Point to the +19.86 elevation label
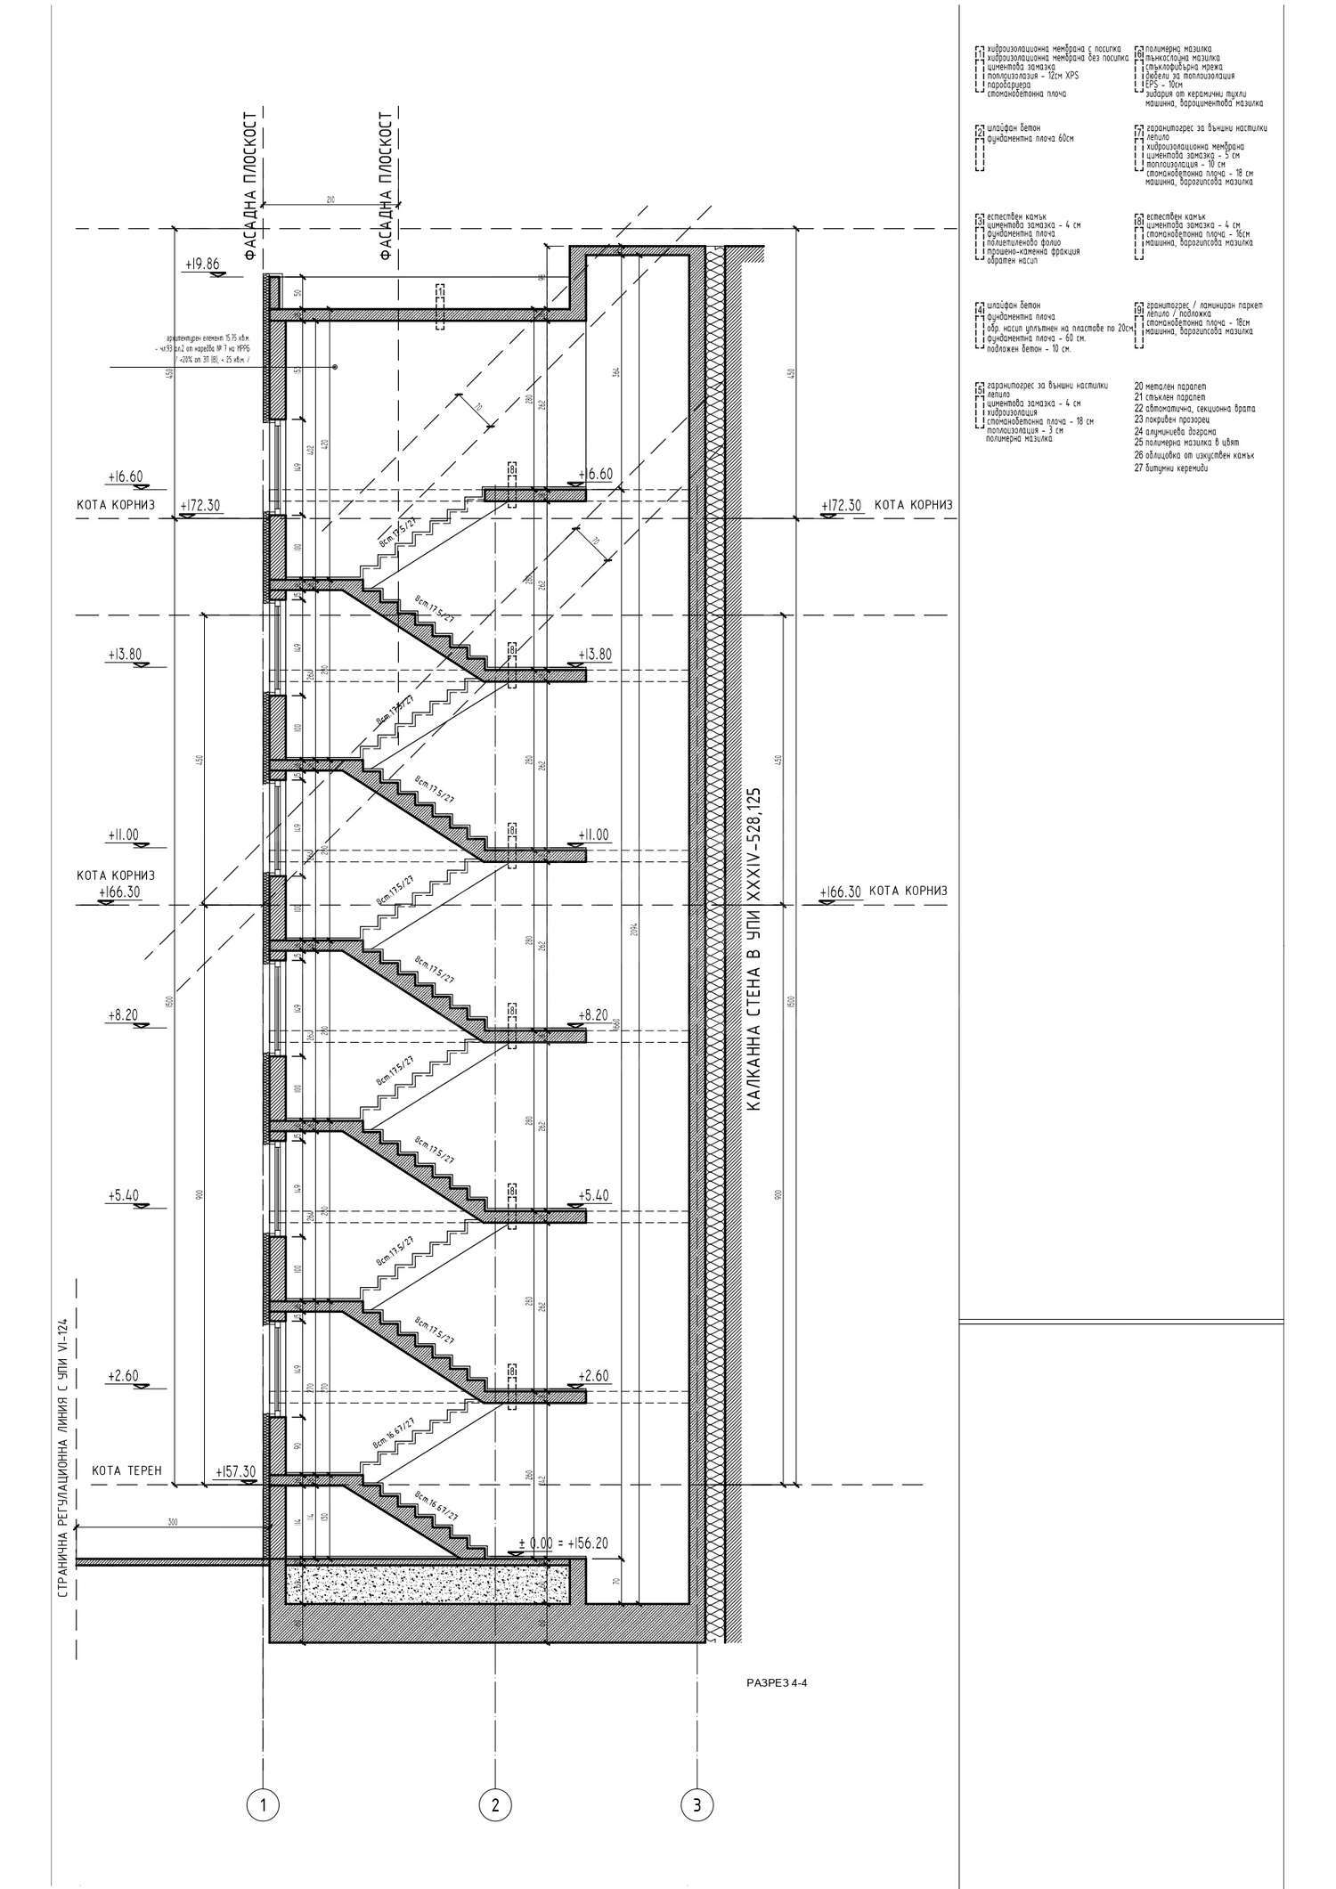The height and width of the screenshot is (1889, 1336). [202, 265]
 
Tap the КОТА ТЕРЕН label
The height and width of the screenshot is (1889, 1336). [127, 1470]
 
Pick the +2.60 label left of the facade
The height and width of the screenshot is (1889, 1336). [124, 1376]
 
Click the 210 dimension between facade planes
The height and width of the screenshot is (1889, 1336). [330, 200]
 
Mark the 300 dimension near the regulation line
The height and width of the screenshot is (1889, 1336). [172, 1522]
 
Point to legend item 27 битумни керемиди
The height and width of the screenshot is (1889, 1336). [1171, 468]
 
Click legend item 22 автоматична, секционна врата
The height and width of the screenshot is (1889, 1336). [1194, 409]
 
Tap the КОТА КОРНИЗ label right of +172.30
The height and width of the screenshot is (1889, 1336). [913, 505]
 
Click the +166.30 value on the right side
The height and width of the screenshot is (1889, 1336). [841, 892]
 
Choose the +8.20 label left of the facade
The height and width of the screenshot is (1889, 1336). [121, 1014]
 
